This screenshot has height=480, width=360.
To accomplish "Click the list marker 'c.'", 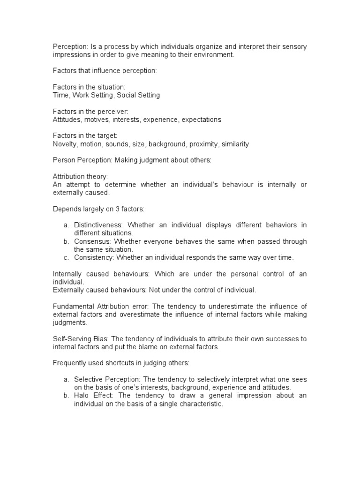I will pyautogui.click(x=67, y=258).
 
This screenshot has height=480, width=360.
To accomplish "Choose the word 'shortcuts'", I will pyautogui.click(x=121, y=363).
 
